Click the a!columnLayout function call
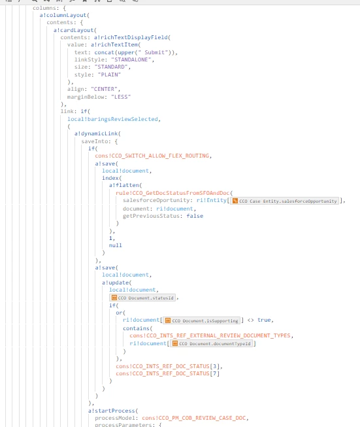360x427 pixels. pos(63,15)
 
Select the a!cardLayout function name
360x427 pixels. pos(74,30)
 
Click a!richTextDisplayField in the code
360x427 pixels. pos(131,37)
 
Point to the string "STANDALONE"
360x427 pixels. pos(131,60)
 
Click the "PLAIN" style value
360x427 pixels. pos(109,75)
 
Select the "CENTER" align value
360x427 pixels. pos(105,90)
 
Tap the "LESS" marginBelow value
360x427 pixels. pos(121,97)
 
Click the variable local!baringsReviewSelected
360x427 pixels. pos(112,119)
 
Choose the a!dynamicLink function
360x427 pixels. pos(96,133)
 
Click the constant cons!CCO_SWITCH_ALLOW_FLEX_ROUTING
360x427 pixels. pos(152,156)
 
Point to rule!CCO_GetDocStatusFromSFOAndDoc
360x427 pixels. pos(172,193)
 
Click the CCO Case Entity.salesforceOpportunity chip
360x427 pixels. pos(285,201)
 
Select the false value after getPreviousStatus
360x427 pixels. pos(195,216)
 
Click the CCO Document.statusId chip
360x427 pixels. pos(142,298)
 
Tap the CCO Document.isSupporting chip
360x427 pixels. pos(202,320)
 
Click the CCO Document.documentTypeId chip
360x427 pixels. pos(211,343)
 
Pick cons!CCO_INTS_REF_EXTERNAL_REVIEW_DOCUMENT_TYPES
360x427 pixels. pos(210,335)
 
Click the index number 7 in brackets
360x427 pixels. pos(214,373)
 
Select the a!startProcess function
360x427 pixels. pos(112,411)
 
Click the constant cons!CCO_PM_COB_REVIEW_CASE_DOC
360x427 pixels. pos(194,418)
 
